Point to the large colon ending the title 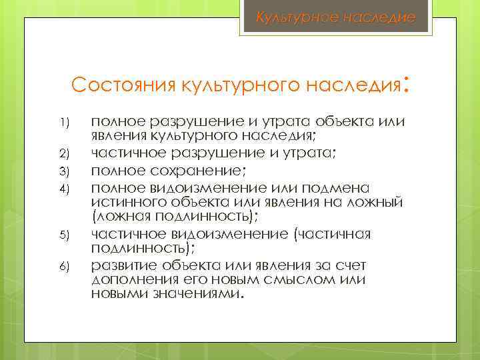tap(406, 83)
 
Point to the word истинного tap(121, 201)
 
